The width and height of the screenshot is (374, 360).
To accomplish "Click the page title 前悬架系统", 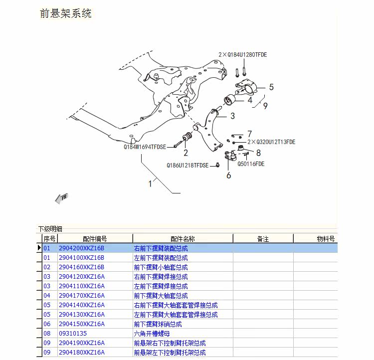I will coord(65,13).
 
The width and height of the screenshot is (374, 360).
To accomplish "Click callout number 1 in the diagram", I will coord(150,183).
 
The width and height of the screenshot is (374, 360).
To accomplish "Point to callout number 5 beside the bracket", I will coord(271,87).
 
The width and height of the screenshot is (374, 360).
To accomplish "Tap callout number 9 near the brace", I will coord(265,106).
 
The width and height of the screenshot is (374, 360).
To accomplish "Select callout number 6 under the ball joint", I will coord(228,175).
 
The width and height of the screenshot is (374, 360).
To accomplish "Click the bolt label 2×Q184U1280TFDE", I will coord(242,55).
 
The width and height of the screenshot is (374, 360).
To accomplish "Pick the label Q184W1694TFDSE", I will coord(145,148).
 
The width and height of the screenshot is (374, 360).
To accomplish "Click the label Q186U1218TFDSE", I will coord(187,166).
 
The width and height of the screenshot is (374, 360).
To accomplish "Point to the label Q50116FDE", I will coord(251,164).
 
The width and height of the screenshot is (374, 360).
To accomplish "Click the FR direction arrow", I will coord(61,198).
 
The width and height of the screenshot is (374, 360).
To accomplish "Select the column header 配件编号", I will coord(95,239).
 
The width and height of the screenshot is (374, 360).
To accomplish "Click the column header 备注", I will coord(263,239).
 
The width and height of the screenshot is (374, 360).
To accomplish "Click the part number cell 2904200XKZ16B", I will coord(81,248).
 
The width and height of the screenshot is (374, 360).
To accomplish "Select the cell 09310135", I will coord(73,334).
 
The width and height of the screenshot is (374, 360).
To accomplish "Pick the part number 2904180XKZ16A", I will coord(81,353).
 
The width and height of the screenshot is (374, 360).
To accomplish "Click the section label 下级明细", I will coord(50,229).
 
